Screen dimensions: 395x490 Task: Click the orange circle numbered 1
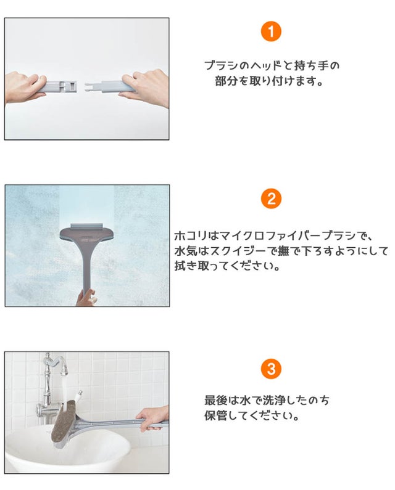coord(271,31)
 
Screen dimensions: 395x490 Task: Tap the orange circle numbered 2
coord(271,199)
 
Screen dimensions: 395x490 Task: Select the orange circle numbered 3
coord(271,369)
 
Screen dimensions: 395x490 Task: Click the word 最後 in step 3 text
coord(215,400)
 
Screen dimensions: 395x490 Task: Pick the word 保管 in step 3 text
coord(215,416)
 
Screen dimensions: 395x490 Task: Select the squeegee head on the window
coord(86,233)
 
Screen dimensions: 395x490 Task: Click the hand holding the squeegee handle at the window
coord(85,298)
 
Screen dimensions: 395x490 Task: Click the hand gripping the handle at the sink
coord(152,418)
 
